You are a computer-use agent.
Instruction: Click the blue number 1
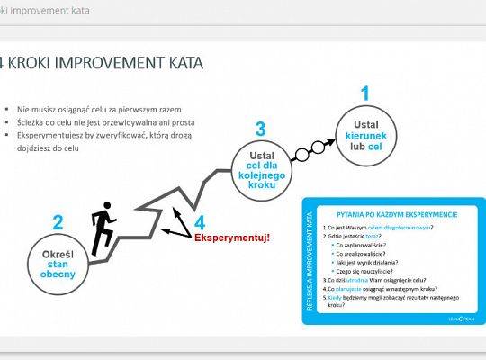(x=364, y=94)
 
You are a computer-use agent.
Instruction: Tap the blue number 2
(x=58, y=223)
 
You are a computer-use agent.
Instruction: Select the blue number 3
(x=260, y=130)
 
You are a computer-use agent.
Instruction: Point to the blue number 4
(x=199, y=221)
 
